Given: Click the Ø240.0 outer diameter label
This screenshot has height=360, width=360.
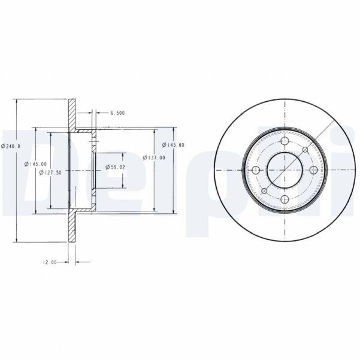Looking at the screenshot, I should click(11, 146).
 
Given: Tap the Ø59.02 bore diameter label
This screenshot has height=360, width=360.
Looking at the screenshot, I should click(114, 167).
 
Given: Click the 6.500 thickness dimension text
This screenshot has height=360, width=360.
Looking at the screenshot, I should click(117, 113).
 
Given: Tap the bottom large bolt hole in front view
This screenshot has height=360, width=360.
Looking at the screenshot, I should click(285, 199).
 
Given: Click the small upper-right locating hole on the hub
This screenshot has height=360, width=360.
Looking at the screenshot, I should click(305, 150).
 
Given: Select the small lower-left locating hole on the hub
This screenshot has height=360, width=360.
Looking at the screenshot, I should click(264, 191).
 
